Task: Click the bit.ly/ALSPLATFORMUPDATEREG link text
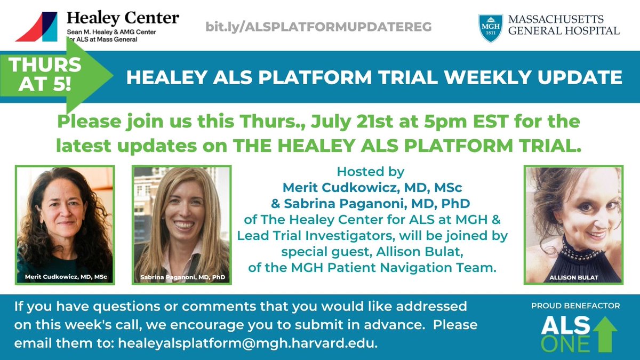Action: point(318,26)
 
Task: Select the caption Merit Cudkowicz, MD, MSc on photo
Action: point(65,277)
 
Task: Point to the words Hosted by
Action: point(371,172)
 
